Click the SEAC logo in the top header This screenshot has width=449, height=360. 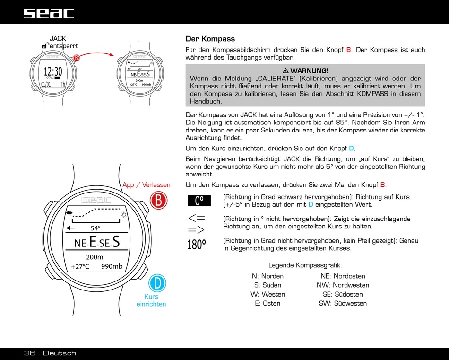49,13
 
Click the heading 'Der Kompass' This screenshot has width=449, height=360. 210,39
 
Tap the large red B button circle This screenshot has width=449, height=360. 159,200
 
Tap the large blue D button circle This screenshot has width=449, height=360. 157,283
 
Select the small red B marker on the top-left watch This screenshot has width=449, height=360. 76,58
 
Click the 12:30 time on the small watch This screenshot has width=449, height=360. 53,72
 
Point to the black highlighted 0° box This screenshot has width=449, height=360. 199,201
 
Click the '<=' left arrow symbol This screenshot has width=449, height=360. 197,218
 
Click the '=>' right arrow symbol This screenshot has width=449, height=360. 197,229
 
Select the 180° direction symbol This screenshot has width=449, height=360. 197,245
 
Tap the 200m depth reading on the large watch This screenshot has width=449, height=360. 95,257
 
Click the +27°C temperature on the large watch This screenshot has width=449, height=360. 80,266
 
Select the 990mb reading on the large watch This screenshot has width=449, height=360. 112,266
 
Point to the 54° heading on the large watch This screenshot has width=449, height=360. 95,228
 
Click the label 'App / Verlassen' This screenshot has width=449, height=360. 147,185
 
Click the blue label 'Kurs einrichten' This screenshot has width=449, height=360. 151,300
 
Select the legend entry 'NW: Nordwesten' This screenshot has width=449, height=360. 343,285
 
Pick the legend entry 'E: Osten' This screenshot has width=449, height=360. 268,303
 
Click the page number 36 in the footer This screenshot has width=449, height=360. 30,353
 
